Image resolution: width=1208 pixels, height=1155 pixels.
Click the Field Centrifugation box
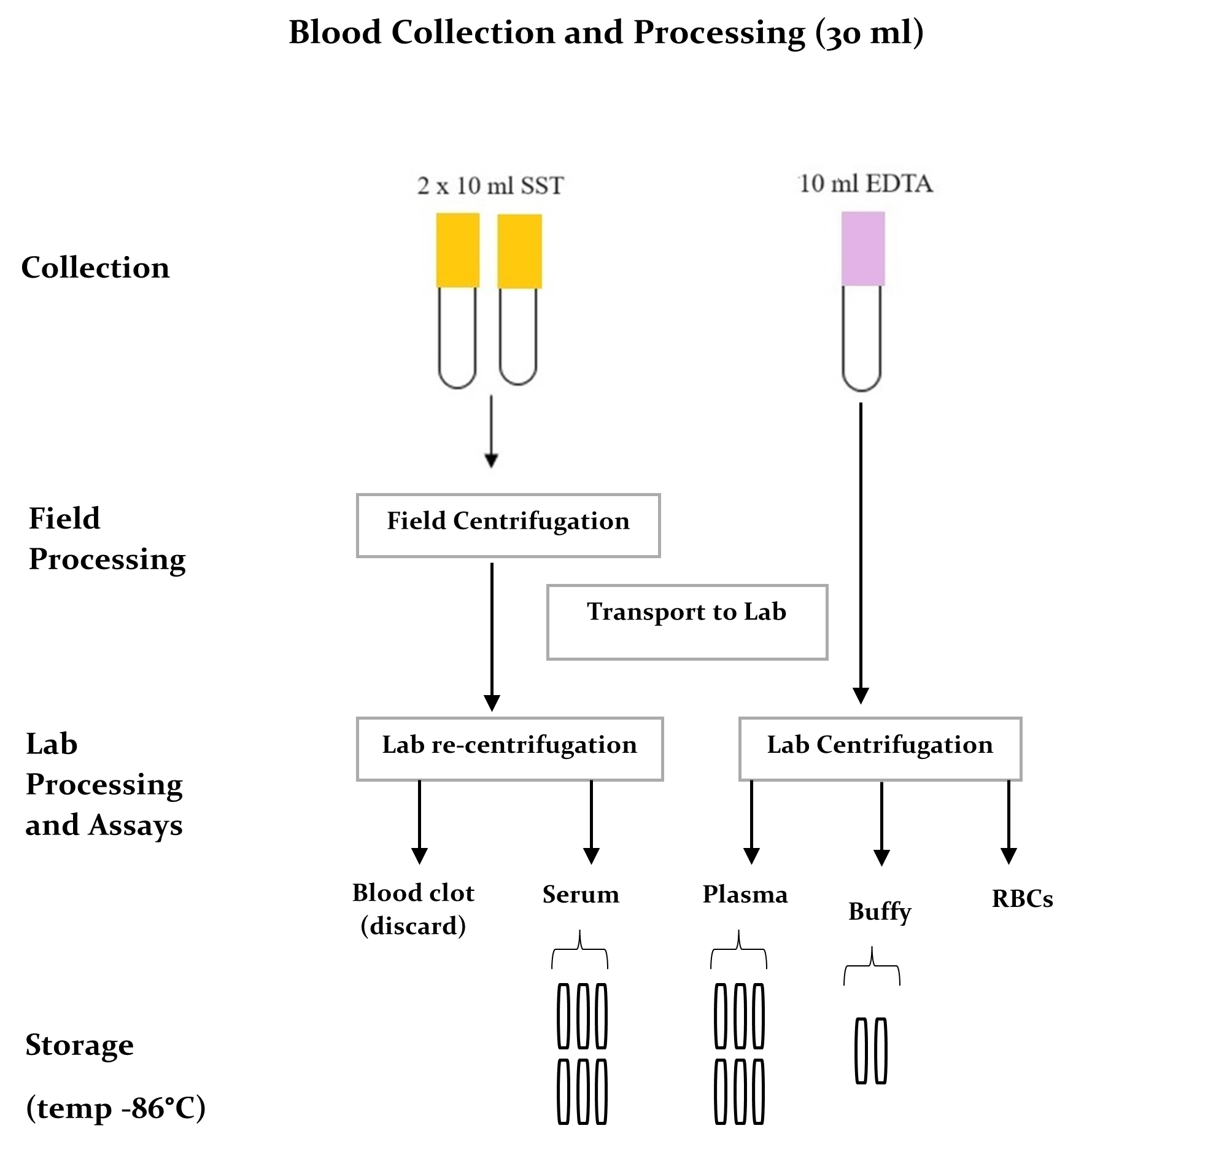(508, 524)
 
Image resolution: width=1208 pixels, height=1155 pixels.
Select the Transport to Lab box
(687, 621)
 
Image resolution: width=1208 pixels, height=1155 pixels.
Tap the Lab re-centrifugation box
(509, 748)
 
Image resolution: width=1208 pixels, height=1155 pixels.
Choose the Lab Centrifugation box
(880, 748)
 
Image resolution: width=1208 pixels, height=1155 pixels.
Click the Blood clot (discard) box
(414, 912)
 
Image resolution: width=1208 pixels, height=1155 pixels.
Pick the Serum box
(581, 898)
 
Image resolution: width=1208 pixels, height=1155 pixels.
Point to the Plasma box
(745, 895)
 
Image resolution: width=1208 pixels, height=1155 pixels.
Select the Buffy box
(880, 911)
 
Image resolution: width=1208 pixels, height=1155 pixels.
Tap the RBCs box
(1022, 909)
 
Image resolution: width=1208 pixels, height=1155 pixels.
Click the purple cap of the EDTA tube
(863, 249)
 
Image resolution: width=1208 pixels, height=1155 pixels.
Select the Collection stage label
(95, 268)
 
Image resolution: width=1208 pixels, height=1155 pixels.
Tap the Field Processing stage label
(107, 539)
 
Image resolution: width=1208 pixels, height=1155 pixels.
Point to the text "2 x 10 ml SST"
(490, 186)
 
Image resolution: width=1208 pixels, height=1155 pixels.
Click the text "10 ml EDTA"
(866, 184)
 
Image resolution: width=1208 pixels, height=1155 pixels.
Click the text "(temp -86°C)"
(115, 1108)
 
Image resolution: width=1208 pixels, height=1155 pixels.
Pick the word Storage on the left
(79, 1045)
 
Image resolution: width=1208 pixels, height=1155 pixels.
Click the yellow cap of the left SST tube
(458, 250)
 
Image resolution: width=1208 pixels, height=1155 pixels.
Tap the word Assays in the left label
(136, 825)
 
